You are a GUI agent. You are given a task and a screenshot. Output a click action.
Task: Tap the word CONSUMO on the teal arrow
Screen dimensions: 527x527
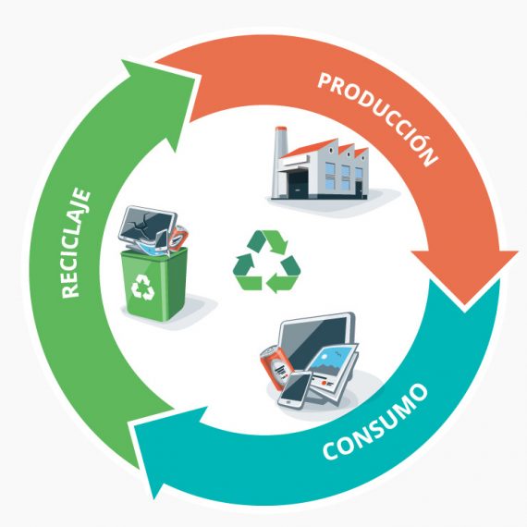coord(375,423)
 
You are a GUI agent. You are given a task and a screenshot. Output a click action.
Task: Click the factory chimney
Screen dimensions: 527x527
coord(280,161)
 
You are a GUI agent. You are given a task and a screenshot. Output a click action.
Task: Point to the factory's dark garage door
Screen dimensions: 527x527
coord(298,185)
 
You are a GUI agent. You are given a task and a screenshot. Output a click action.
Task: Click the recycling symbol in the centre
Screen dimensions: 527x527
coord(266,261)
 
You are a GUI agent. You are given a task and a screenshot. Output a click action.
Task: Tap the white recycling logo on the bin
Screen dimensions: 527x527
coord(143,287)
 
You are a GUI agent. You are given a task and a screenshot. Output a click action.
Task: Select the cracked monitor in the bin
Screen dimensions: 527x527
coord(147,225)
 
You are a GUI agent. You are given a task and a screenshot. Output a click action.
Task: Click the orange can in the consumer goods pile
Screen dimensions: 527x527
coord(273,368)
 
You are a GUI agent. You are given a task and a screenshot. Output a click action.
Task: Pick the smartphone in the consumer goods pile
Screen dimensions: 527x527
coord(295,389)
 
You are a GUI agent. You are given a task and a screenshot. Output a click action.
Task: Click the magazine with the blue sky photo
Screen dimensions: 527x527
coord(333,371)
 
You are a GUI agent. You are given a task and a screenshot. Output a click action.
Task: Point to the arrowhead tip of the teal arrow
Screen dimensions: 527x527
coord(155,498)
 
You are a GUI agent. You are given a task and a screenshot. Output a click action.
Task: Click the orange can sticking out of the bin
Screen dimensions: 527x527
coord(178,237)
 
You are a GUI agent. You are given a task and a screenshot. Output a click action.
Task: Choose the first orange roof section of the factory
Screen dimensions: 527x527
coord(309,149)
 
